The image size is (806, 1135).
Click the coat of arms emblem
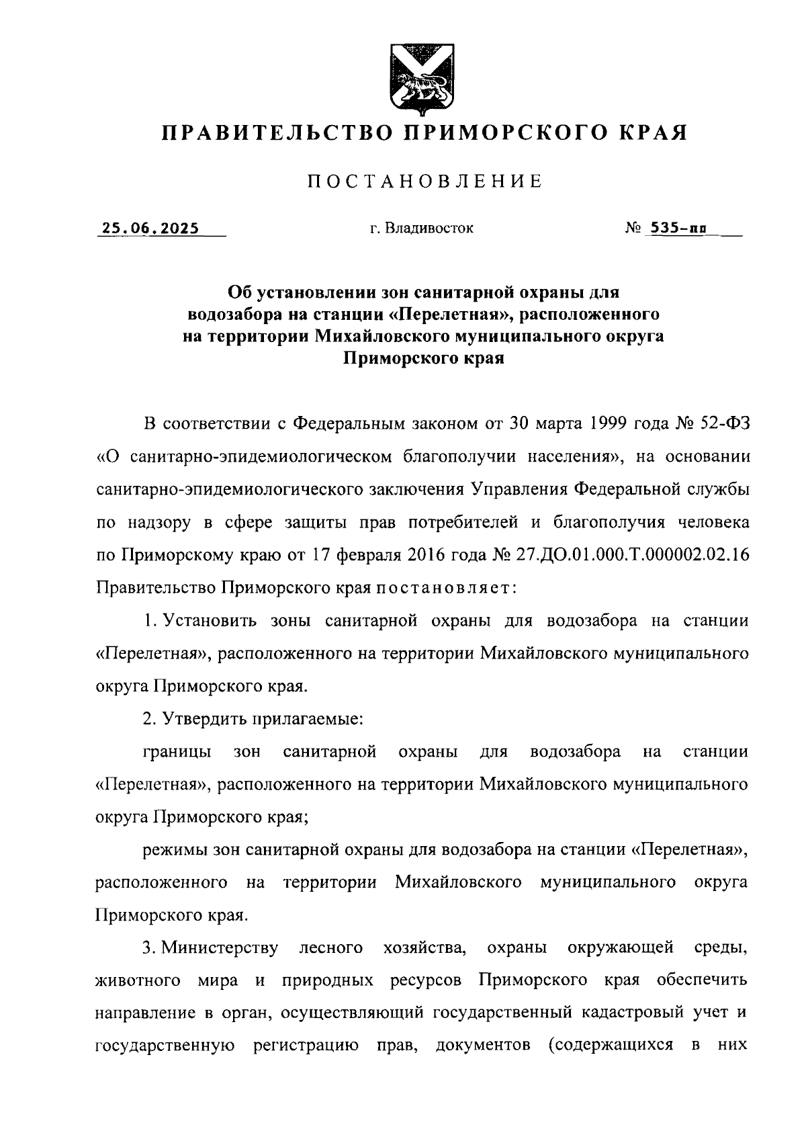(422, 78)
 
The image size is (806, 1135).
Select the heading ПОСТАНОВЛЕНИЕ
(424, 181)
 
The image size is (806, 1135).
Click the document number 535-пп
(676, 228)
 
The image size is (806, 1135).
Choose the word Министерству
(220, 948)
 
